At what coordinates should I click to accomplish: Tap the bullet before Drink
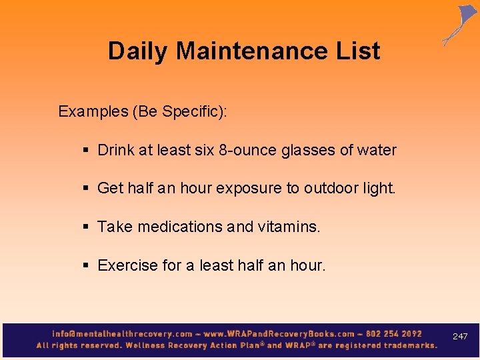coord(87,151)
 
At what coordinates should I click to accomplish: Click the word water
coord(377,151)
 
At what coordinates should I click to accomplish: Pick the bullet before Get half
coord(87,189)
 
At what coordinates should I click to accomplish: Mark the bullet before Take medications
coord(87,227)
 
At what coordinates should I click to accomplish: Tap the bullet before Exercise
coord(87,266)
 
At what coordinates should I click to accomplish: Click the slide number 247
coord(460,337)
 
